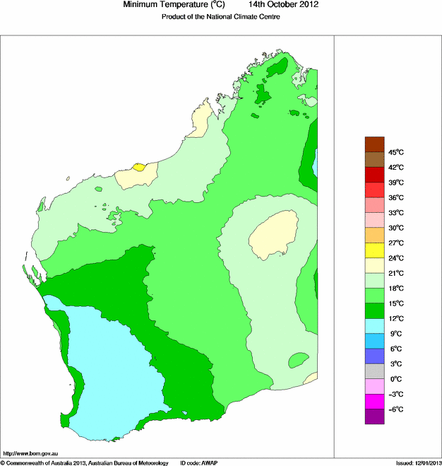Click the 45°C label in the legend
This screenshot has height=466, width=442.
[x=395, y=152]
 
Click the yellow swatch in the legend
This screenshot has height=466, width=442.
[x=374, y=250]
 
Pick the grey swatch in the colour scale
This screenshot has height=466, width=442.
[x=374, y=371]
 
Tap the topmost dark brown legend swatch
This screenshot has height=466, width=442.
[x=374, y=144]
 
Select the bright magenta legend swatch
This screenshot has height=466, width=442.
[x=374, y=402]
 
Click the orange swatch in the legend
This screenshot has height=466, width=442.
[x=374, y=235]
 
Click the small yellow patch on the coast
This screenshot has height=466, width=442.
[x=139, y=168]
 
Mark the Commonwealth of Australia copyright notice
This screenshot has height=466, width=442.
[x=85, y=462]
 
